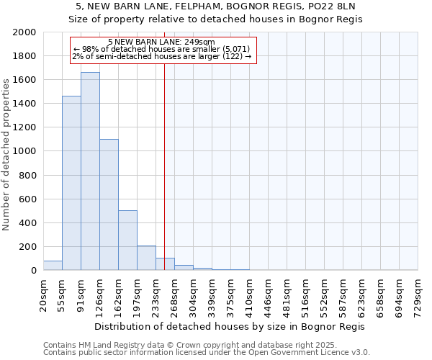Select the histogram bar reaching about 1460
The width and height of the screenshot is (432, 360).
coord(71,183)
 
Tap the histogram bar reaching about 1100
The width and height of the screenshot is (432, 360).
coord(109,204)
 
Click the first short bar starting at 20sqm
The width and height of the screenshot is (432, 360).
coord(53,265)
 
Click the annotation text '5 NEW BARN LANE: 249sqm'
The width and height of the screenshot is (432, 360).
coord(161,42)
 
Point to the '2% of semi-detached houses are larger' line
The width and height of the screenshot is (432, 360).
coord(161,56)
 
